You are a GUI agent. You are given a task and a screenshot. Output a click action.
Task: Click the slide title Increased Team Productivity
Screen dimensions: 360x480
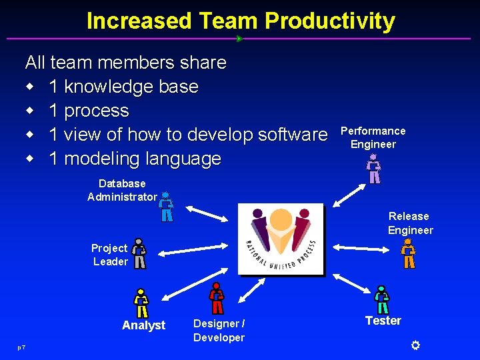(241, 21)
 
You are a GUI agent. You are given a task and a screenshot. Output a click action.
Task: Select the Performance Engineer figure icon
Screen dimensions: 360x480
(375, 169)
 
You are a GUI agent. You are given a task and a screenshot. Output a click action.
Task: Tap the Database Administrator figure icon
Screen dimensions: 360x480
(166, 207)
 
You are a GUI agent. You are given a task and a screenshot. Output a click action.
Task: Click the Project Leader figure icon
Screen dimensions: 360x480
(139, 253)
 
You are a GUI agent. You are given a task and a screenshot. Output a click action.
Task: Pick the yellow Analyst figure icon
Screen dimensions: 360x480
(141, 303)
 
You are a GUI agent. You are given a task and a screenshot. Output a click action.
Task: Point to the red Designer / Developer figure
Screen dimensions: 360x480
(217, 298)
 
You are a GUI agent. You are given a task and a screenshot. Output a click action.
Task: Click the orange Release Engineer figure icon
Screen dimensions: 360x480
(409, 254)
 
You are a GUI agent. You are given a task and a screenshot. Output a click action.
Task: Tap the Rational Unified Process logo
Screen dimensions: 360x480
(281, 239)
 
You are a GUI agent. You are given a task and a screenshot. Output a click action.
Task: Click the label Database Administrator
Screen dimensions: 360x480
(122, 190)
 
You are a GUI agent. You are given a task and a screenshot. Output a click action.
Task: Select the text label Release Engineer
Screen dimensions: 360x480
(410, 223)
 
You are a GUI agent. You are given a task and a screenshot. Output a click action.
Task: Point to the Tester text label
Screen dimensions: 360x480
(383, 321)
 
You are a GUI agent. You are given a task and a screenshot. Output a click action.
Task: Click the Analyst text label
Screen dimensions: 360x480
(143, 325)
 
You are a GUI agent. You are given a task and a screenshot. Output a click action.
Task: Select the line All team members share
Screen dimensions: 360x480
(125, 63)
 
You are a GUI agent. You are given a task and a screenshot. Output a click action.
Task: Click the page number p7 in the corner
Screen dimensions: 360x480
(22, 347)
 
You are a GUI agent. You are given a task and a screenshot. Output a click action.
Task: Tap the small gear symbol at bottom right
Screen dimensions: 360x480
(415, 345)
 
